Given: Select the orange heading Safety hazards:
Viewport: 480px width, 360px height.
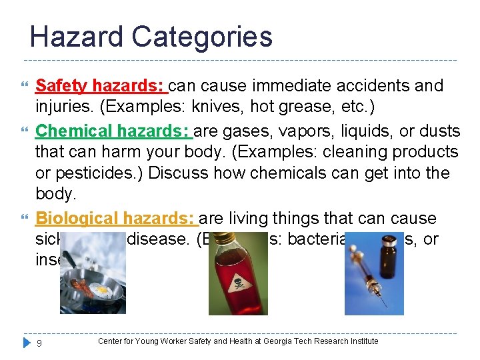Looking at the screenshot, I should [x=100, y=86].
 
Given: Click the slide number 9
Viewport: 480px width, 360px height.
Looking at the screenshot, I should [x=39, y=343].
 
